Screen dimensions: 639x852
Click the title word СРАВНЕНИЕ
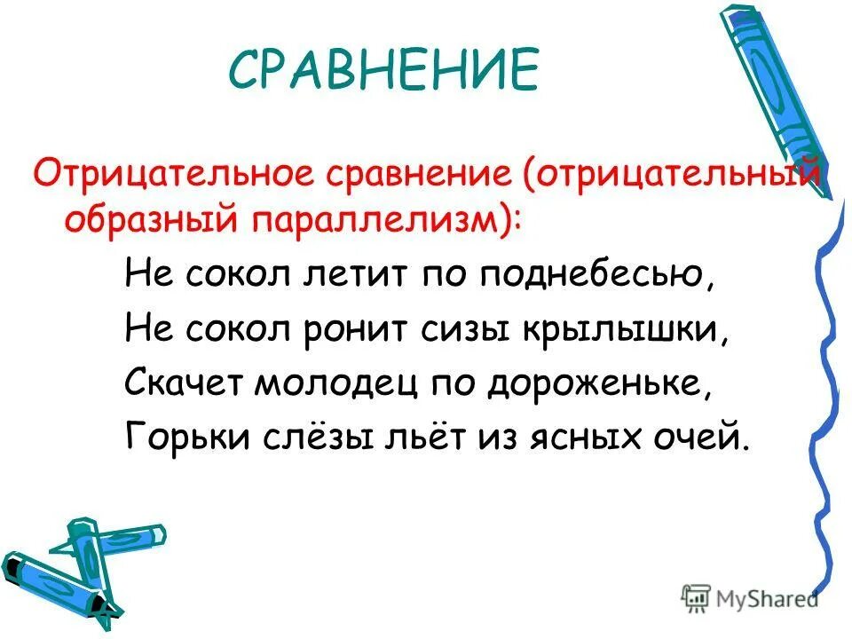coord(383,69)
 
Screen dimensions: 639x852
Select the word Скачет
coord(184,383)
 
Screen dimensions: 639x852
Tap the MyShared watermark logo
coord(751,597)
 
